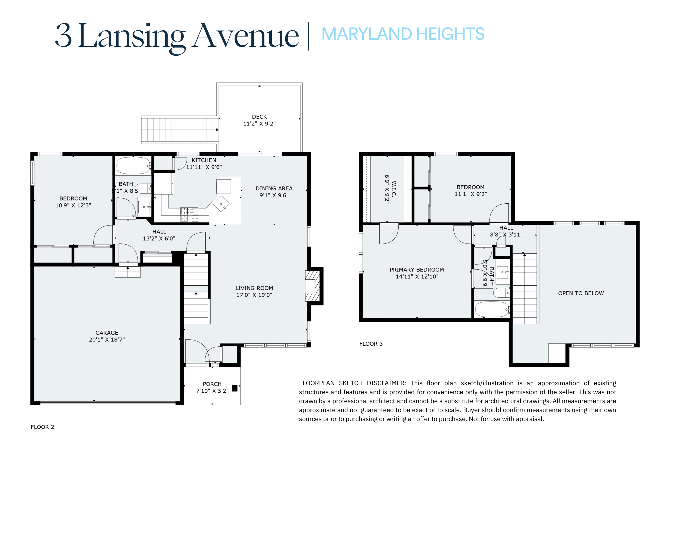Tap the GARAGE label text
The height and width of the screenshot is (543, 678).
[x=107, y=333]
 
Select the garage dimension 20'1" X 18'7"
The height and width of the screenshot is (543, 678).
[x=107, y=340]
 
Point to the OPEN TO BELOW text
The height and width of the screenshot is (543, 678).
[x=581, y=293]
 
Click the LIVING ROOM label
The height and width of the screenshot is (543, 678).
[x=254, y=288]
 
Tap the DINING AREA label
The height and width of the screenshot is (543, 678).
[x=274, y=188]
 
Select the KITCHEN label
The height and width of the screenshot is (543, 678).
[x=204, y=160]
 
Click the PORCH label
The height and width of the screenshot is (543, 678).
[x=212, y=384]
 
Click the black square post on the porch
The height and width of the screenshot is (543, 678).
[x=235, y=388]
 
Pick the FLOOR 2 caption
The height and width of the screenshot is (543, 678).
[x=43, y=427]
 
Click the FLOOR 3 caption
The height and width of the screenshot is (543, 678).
[x=371, y=344]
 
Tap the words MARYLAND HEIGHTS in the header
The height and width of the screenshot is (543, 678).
[x=403, y=34]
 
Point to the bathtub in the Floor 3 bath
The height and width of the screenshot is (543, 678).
[x=492, y=310]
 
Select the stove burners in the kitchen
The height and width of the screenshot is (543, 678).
[x=190, y=214]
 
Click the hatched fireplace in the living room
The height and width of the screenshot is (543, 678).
[x=312, y=286]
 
